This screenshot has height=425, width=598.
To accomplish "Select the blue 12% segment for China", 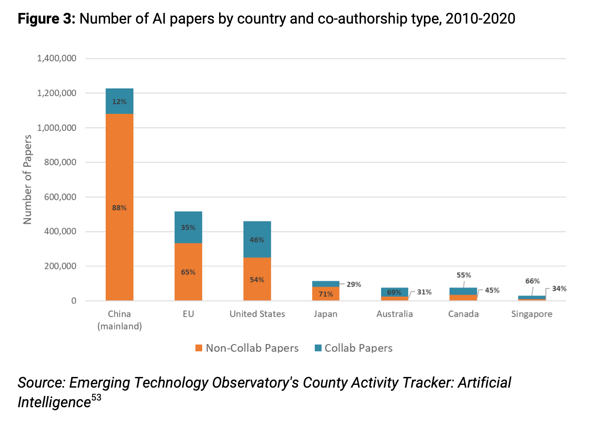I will [119, 101].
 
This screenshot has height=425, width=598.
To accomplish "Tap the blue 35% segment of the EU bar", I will [188, 227].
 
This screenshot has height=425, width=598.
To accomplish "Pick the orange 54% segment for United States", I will [257, 279].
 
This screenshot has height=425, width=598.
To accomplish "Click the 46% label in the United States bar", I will [257, 240].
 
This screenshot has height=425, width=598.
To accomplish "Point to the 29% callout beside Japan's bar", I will [354, 284].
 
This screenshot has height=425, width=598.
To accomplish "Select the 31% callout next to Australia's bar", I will [424, 292].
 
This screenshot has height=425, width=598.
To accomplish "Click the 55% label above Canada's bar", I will [464, 275].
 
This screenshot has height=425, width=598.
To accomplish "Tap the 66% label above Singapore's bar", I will [532, 281].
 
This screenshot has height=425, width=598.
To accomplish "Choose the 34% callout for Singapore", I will [559, 289].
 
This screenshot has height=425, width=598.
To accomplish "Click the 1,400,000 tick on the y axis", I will [57, 58].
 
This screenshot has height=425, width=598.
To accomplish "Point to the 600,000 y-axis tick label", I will [60, 197].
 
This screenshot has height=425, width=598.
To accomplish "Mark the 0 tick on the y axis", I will [73, 301].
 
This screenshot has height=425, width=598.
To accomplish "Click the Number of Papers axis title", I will [28, 179].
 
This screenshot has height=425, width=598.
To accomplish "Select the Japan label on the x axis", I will [325, 314].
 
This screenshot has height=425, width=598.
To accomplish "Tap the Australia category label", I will [395, 314].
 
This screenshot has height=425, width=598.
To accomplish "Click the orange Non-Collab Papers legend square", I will [199, 348].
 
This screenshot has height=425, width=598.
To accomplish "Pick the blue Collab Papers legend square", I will [318, 348].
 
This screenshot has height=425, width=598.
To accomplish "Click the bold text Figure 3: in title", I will [47, 19].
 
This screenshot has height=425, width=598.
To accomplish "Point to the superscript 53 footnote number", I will [96, 397].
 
